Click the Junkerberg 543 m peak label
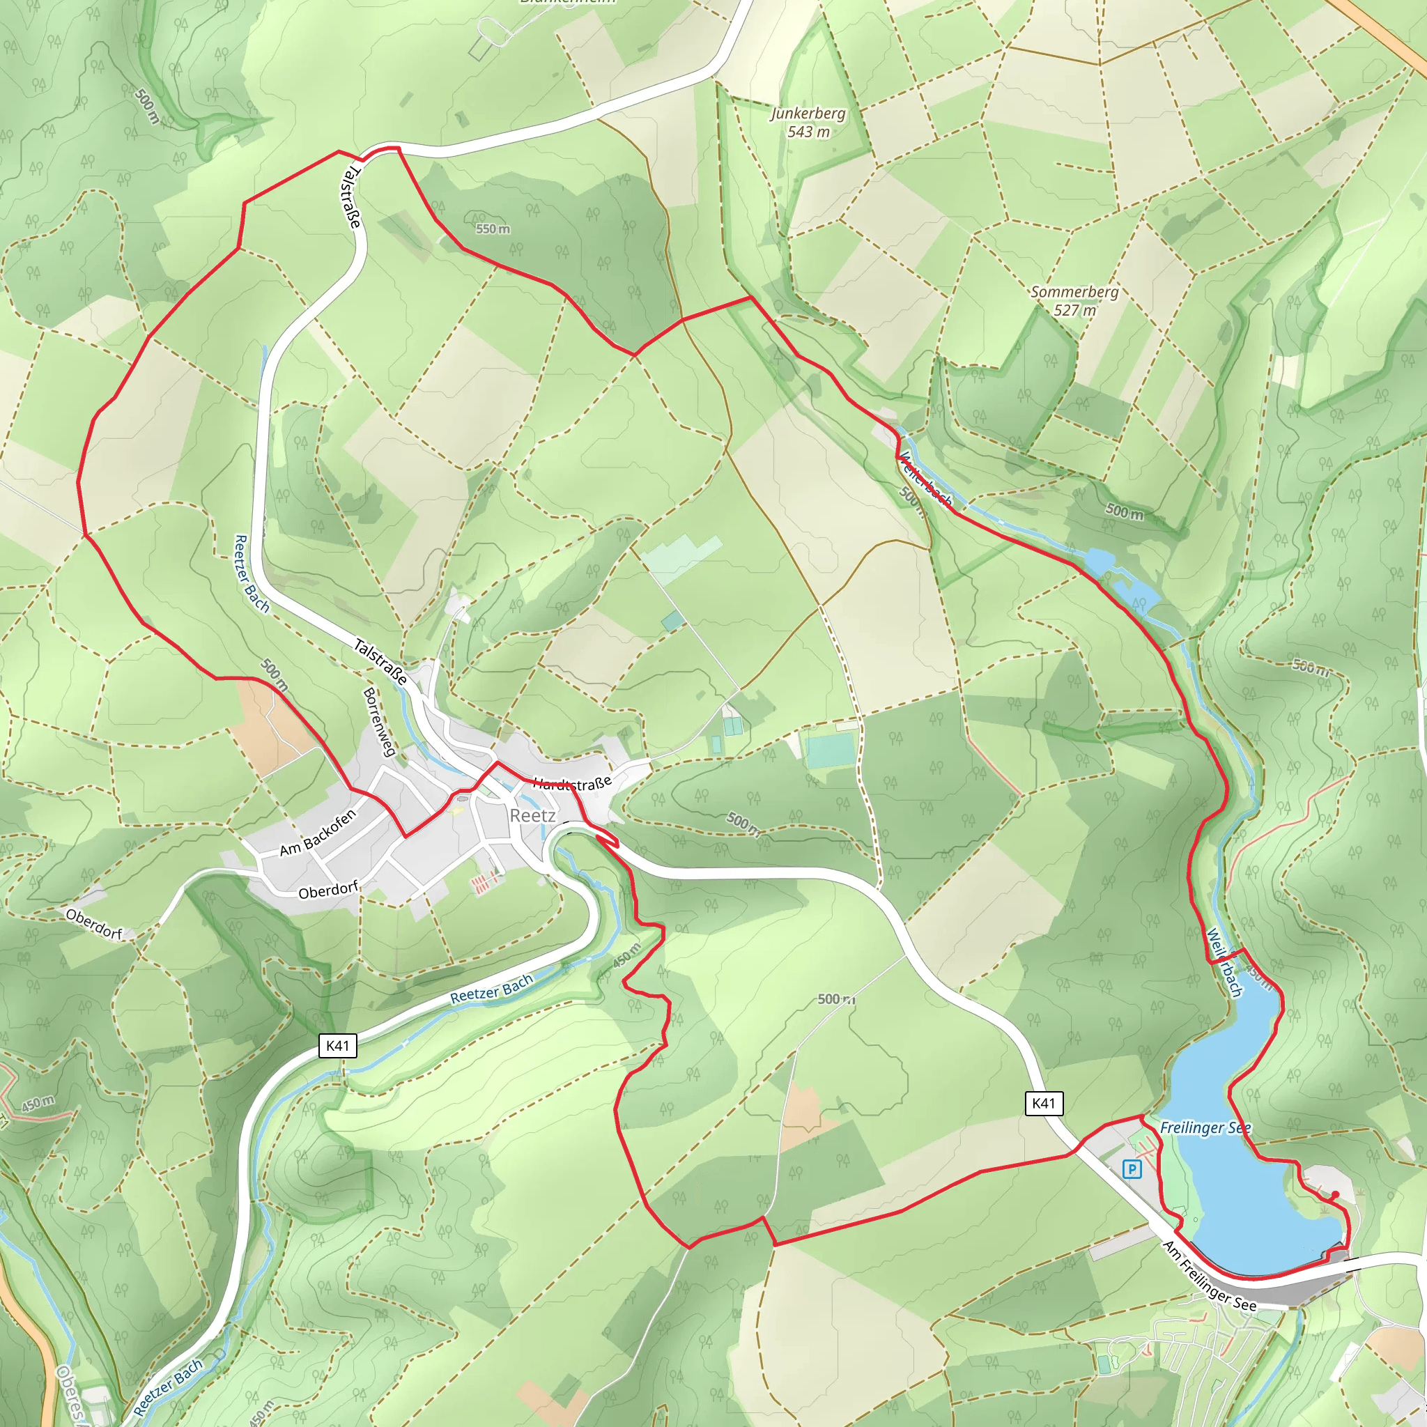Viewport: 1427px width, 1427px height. [x=808, y=123]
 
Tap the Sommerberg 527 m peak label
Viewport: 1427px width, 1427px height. [x=1074, y=300]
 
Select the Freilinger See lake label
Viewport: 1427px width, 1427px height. [x=1205, y=1128]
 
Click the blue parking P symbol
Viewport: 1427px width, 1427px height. [x=1132, y=1169]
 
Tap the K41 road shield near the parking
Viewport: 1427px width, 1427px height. [x=1044, y=1104]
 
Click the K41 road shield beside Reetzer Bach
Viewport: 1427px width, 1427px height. [x=337, y=1046]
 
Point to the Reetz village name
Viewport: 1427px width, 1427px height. [x=532, y=815]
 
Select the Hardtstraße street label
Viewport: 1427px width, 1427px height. [x=573, y=783]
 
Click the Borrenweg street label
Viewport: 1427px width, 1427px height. [x=380, y=722]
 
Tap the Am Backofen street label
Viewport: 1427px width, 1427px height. [x=318, y=833]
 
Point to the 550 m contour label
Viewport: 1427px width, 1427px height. [x=493, y=229]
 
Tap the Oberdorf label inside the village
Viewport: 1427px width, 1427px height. [x=328, y=890]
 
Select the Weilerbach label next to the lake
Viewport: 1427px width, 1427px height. [x=1225, y=962]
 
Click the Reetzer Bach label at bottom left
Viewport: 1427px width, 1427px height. [x=169, y=1387]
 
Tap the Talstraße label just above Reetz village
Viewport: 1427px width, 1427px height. [x=380, y=662]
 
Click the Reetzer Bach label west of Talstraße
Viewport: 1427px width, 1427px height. [x=251, y=574]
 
